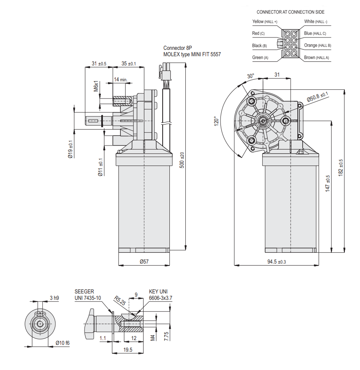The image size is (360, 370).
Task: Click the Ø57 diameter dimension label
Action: [144, 262]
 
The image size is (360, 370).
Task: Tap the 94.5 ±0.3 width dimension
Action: [276, 262]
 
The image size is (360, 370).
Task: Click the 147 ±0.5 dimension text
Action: [327, 184]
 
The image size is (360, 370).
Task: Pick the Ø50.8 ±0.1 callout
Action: [317, 96]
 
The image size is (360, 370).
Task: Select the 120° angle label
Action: [215, 121]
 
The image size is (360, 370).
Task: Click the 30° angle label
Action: [250, 76]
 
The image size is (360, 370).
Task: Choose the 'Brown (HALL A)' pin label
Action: [317, 58]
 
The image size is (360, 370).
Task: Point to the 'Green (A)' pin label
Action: [260, 58]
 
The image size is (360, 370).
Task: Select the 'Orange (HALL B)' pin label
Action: [317, 45]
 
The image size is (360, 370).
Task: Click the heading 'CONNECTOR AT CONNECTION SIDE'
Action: [290, 12]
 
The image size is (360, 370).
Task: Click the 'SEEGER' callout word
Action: [84, 292]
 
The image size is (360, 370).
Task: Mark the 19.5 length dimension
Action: [128, 350]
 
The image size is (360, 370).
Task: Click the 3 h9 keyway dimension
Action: [54, 298]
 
